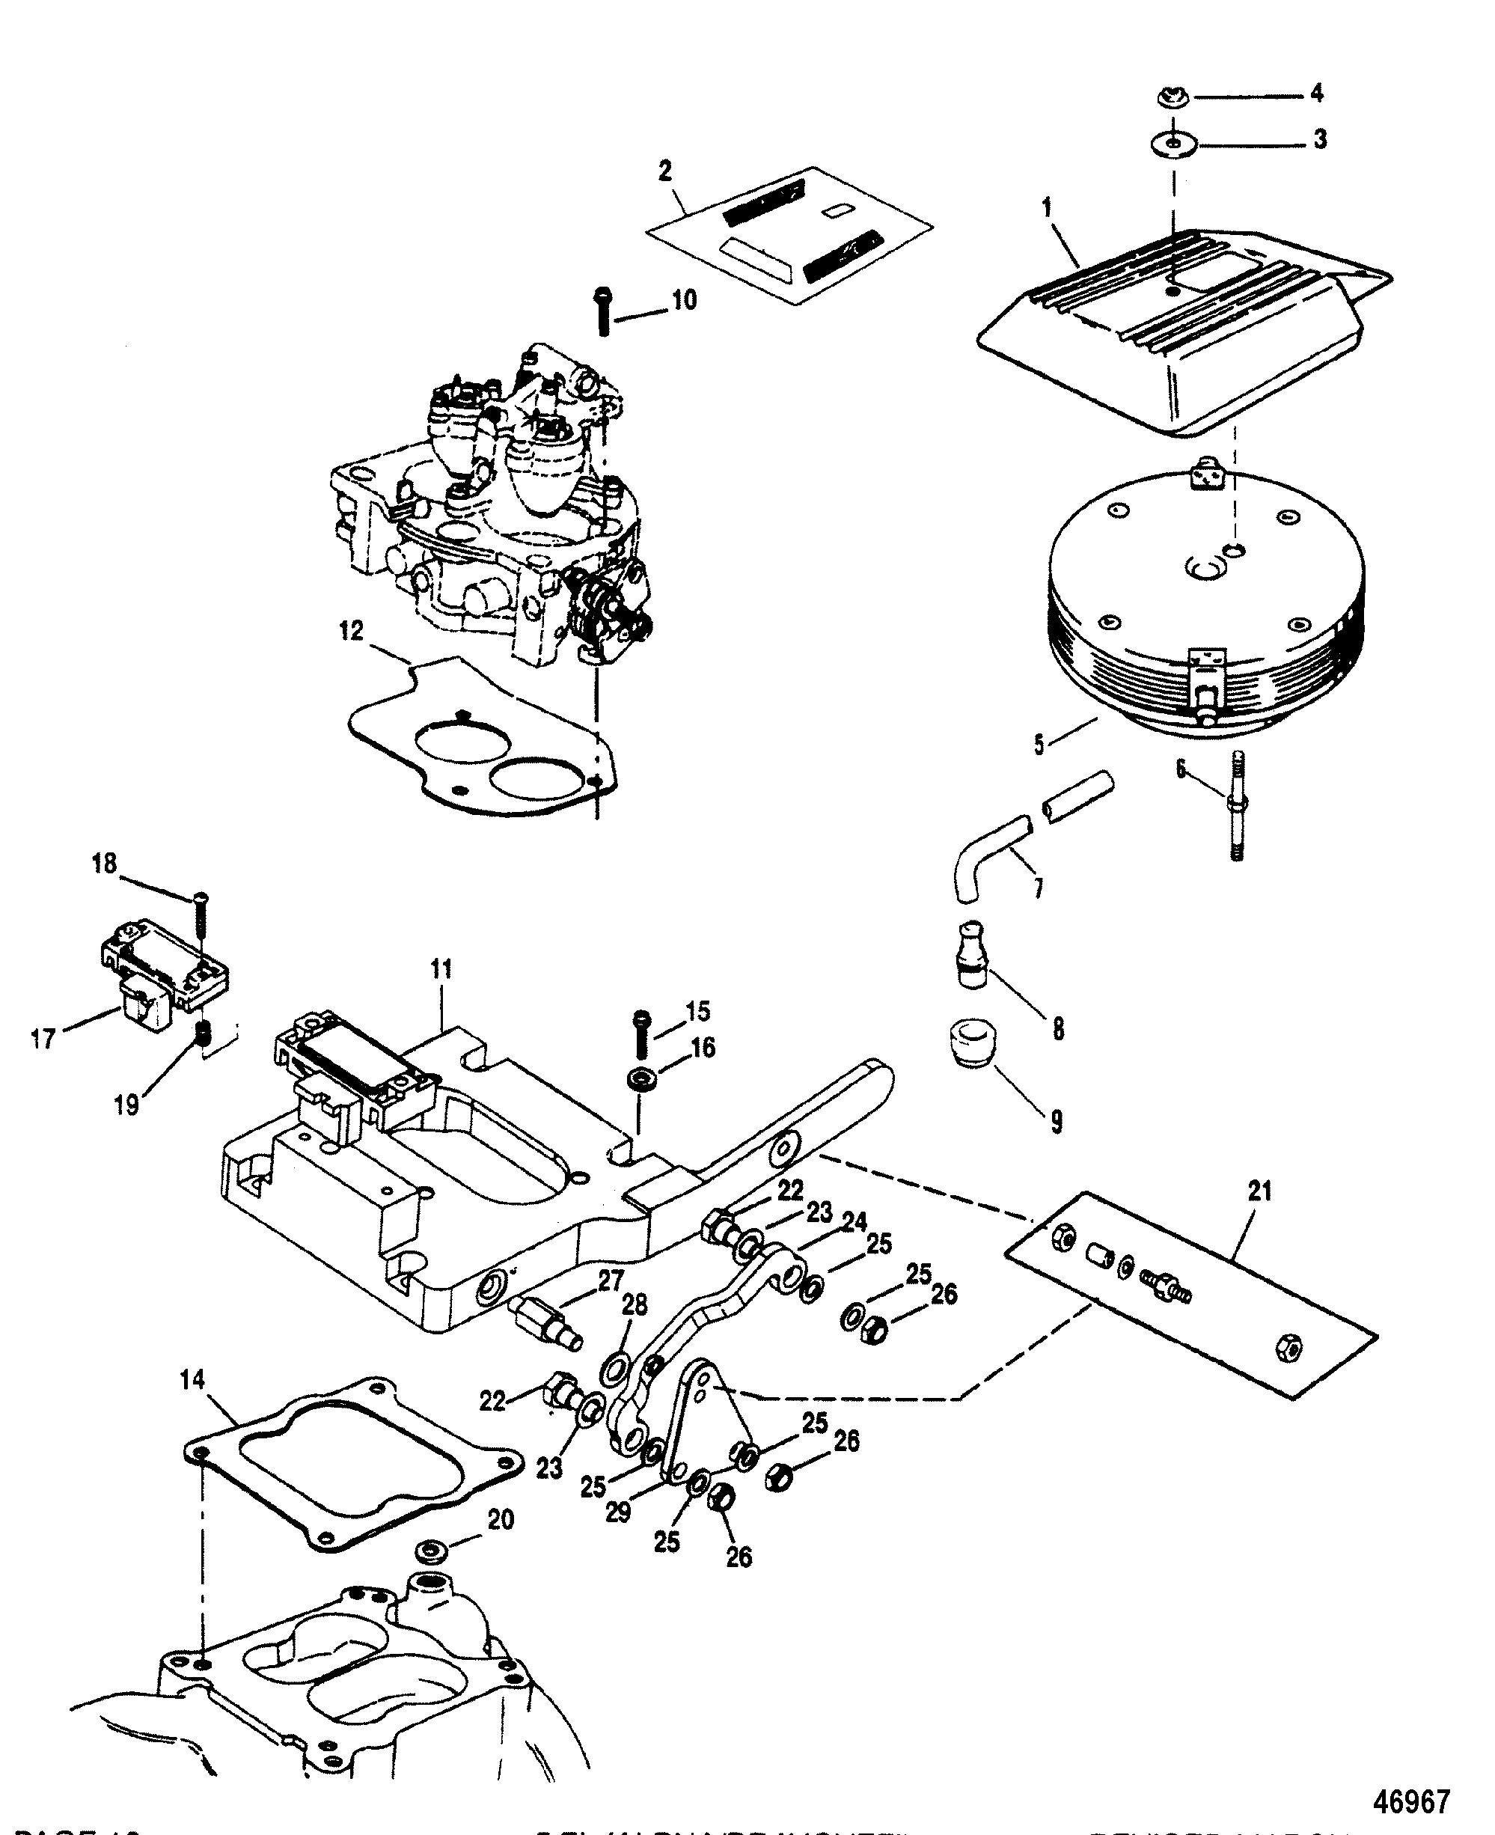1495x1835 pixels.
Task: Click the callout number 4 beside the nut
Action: pyautogui.click(x=1316, y=93)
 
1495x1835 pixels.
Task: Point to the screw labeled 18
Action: pyautogui.click(x=201, y=914)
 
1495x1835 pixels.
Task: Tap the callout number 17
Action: pyautogui.click(x=43, y=1040)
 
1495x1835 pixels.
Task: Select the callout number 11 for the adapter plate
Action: pyautogui.click(x=441, y=970)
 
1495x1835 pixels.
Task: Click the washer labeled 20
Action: pyautogui.click(x=429, y=1551)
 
